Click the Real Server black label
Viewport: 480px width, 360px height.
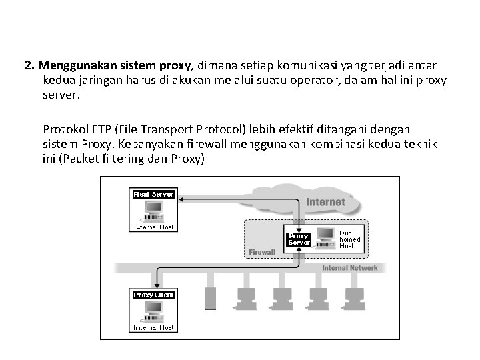153,194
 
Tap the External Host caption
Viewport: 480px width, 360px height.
153,227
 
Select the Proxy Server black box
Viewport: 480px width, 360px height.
298,239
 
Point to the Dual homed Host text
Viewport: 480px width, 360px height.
350,240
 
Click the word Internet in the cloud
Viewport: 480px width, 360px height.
325,201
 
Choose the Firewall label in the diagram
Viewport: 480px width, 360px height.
262,252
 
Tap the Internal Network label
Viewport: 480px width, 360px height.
350,268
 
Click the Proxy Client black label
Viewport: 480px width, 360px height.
153,295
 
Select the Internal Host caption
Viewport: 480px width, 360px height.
153,327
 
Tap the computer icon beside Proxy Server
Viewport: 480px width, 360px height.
325,237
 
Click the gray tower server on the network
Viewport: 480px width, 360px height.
211,299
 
